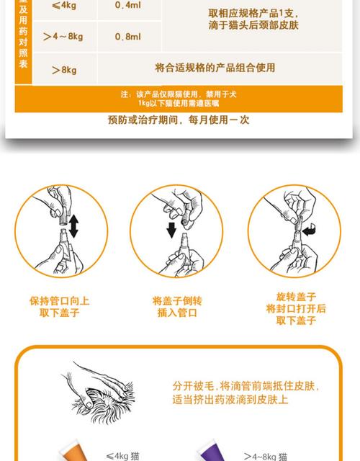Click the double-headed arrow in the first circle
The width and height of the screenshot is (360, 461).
click(73, 224)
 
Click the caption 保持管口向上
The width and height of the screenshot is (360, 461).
click(59, 300)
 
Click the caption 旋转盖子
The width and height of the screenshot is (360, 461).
click(296, 296)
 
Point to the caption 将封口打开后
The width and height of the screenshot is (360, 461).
click(296, 308)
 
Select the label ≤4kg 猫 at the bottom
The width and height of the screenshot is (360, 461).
click(126, 455)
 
